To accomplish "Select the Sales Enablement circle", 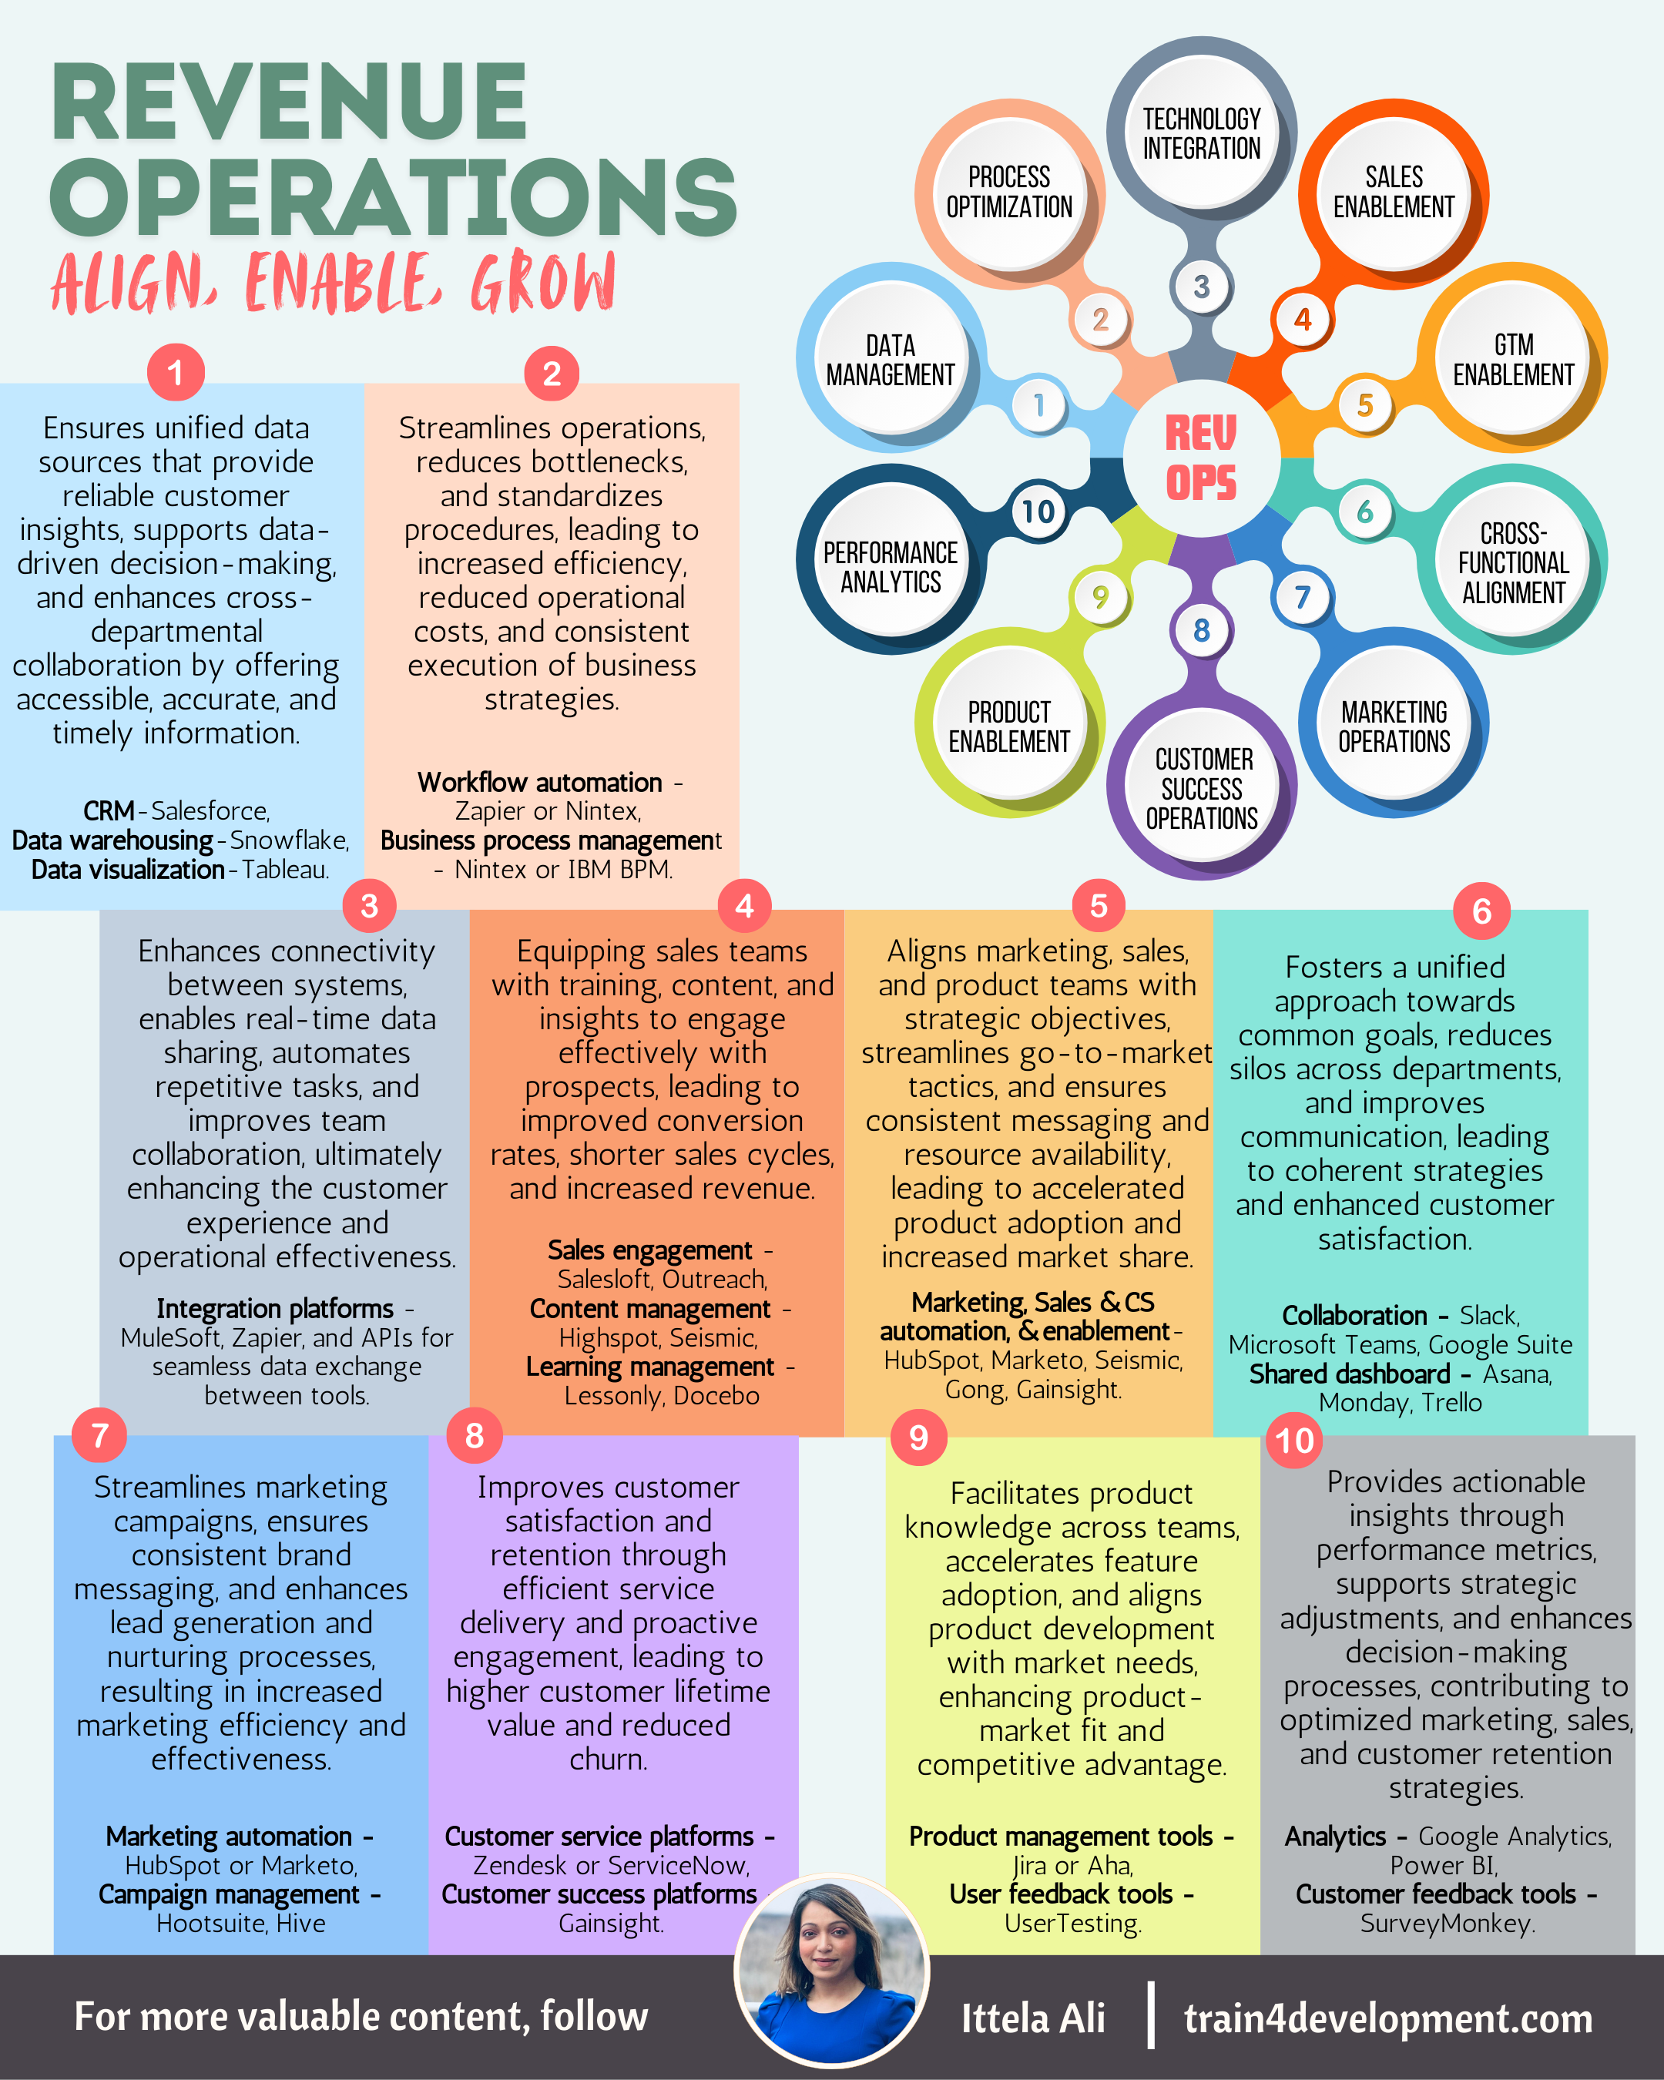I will (x=1393, y=192).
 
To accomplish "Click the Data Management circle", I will (x=890, y=360).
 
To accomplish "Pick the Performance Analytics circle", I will (x=890, y=567).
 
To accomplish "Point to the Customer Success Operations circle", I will (x=1201, y=789).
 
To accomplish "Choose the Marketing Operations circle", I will (x=1393, y=726).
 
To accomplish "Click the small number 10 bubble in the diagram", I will (x=1038, y=512).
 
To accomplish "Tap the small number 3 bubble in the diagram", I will (x=1201, y=287).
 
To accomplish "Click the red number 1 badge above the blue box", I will (x=176, y=372).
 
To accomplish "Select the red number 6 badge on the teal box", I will (x=1481, y=910).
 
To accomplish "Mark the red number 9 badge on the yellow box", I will (x=918, y=1438).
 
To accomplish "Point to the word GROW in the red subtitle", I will (x=542, y=283).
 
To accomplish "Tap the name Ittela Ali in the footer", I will (x=1032, y=2018).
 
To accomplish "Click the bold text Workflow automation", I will (x=540, y=783).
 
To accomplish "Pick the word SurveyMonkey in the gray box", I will (x=1446, y=1923).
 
